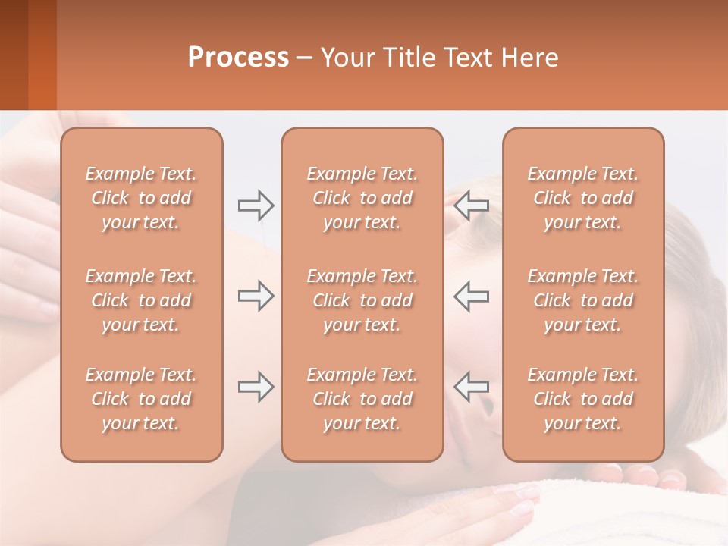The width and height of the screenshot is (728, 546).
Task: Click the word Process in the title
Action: click(238, 58)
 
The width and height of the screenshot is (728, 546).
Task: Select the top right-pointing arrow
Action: click(256, 205)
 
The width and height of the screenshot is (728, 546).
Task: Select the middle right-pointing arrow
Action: click(256, 296)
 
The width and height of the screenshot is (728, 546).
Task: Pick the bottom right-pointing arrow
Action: click(256, 387)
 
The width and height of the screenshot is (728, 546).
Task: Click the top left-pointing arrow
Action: click(471, 205)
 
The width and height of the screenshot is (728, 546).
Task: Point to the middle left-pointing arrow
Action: click(471, 296)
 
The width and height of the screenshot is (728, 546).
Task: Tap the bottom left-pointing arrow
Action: click(471, 387)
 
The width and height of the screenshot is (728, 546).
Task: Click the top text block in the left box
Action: click(141, 198)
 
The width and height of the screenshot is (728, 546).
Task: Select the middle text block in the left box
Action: click(141, 300)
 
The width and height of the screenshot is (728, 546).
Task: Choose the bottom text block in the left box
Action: click(141, 399)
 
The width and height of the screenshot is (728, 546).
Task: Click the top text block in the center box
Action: click(362, 198)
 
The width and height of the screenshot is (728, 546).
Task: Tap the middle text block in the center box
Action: click(362, 300)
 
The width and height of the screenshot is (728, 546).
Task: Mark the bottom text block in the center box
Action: click(362, 399)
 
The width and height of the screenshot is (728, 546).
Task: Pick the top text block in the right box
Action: click(583, 198)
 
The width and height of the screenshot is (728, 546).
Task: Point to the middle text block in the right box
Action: click(583, 300)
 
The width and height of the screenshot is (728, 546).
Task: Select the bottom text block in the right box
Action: click(583, 399)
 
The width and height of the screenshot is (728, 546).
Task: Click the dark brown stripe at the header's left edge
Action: click(14, 55)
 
